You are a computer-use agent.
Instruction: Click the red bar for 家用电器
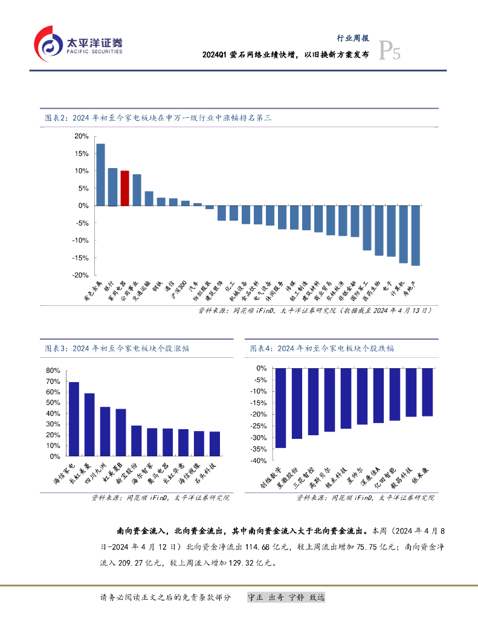[x=124, y=188]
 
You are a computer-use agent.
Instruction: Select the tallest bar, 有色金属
[x=100, y=175]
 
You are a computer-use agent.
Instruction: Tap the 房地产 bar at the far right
[x=415, y=235]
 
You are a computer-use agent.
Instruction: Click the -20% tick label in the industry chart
[x=79, y=275]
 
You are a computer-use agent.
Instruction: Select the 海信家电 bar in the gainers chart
[x=74, y=419]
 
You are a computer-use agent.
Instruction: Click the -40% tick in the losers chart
[x=259, y=461]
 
